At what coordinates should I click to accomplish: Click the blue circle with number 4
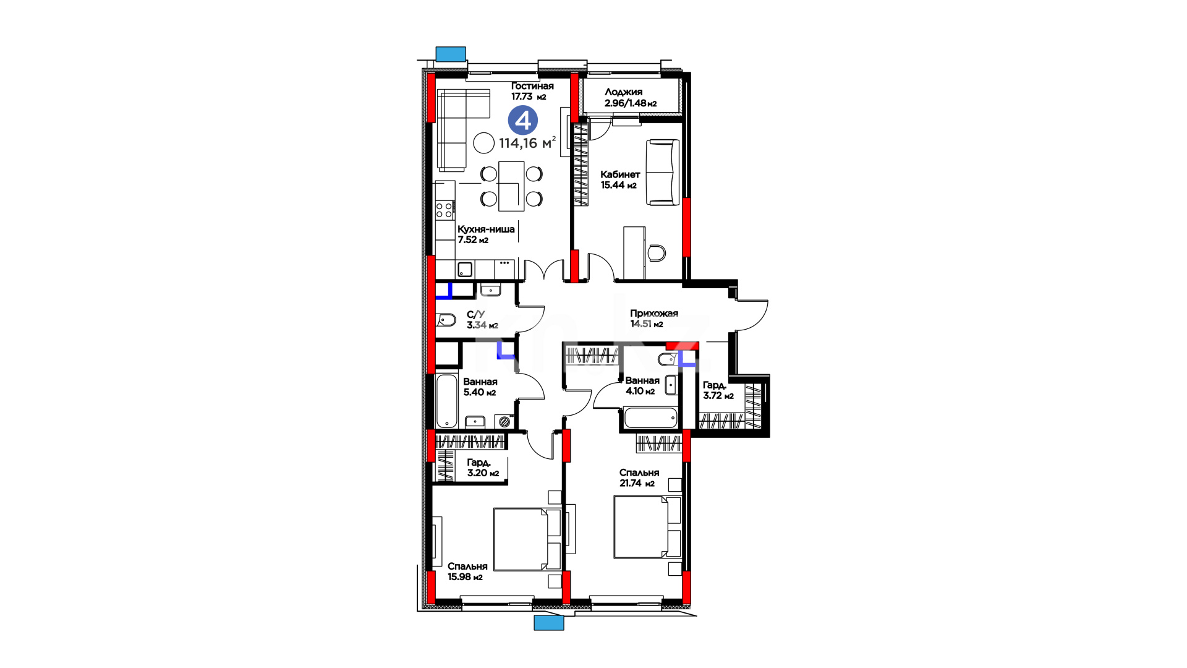click(523, 120)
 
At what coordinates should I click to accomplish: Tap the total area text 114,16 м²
click(527, 143)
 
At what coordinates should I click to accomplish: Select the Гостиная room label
click(532, 86)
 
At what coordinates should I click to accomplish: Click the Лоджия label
click(623, 92)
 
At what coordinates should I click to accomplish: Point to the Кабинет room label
click(620, 174)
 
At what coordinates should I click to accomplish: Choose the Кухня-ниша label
click(486, 229)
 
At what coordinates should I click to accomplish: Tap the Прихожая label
click(654, 314)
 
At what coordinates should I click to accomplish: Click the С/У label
click(475, 314)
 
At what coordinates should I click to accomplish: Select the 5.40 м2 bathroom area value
click(479, 392)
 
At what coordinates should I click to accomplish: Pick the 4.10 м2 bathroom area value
click(640, 391)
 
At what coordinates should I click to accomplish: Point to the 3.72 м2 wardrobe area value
click(718, 396)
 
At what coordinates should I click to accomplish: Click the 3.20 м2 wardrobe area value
click(483, 473)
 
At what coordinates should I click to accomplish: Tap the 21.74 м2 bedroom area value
click(637, 484)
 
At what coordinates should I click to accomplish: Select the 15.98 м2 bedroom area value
click(465, 577)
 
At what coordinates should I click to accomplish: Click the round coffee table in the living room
click(484, 143)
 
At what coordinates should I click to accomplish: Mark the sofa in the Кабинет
click(663, 172)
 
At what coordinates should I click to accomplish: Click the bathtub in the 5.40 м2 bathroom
click(446, 401)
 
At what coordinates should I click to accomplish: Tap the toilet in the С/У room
click(446, 320)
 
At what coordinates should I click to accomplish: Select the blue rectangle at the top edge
click(451, 54)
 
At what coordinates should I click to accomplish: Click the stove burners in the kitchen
click(444, 210)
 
